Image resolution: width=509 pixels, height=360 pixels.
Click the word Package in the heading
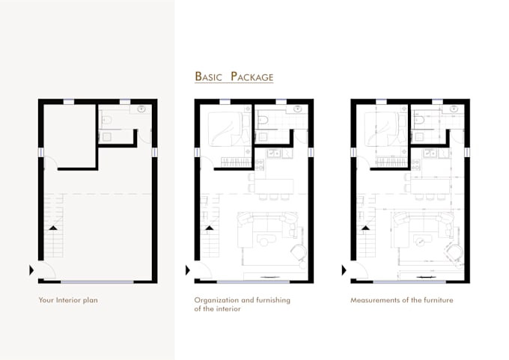coord(252,76)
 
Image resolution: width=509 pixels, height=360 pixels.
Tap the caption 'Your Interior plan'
coord(68,301)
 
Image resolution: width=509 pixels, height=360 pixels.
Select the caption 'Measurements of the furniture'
coord(401,301)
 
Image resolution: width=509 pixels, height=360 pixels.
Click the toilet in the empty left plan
coord(106,120)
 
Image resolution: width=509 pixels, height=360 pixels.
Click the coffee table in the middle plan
coord(266,240)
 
